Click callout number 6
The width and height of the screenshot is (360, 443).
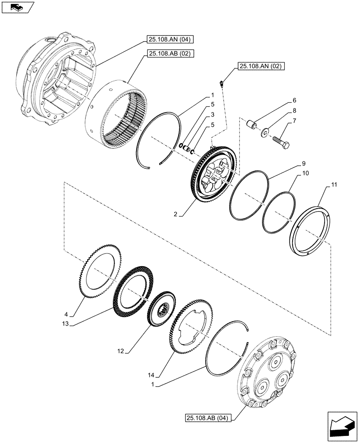[x=294, y=101]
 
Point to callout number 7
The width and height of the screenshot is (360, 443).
[x=294, y=120]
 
